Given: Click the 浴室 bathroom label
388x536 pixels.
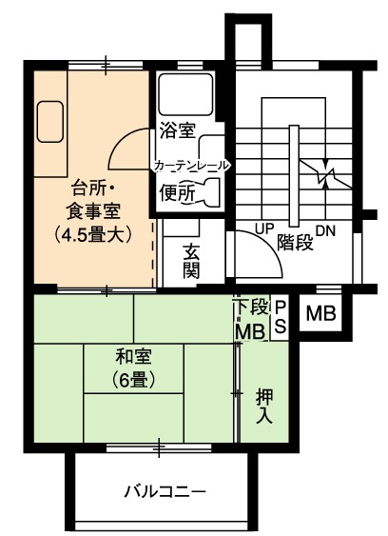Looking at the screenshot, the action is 177,130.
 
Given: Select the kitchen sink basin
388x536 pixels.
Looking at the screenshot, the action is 50,121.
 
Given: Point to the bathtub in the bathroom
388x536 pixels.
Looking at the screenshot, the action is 185,94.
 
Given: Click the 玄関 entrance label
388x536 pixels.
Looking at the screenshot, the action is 191,262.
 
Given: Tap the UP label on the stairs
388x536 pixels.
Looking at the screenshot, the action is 265,228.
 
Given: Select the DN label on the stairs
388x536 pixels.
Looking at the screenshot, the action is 325,231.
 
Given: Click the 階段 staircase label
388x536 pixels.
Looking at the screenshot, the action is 295,242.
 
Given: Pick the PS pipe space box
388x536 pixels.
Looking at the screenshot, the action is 281,317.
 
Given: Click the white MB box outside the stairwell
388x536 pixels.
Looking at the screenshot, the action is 320,313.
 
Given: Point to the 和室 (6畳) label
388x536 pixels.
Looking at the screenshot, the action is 133,368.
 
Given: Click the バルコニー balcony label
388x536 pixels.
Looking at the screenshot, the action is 165,492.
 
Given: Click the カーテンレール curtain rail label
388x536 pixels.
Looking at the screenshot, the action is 191,166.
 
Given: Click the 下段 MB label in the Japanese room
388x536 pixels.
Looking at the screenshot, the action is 251,319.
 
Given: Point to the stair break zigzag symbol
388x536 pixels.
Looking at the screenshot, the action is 326,174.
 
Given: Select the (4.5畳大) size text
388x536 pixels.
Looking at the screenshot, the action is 93,234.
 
